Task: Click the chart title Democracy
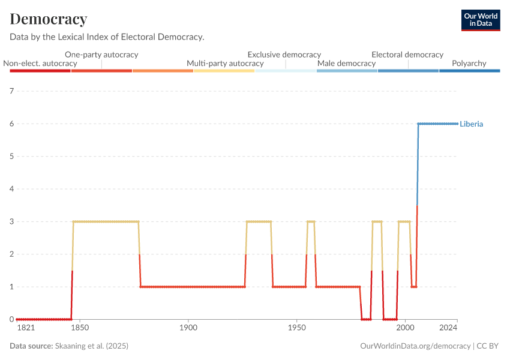49,19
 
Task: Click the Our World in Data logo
480,20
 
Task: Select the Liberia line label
472,124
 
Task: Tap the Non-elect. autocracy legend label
40,63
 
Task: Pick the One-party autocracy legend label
101,55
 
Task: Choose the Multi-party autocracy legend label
225,63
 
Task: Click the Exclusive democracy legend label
284,55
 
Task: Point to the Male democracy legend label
346,63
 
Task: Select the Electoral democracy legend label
407,55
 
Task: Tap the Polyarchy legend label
469,63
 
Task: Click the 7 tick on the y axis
11,91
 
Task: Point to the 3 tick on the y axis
11,221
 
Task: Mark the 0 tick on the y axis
11,319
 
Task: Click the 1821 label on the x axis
26,328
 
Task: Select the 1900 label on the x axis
188,328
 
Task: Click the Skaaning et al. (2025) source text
92,346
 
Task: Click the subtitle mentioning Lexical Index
107,37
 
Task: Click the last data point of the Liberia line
457,124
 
